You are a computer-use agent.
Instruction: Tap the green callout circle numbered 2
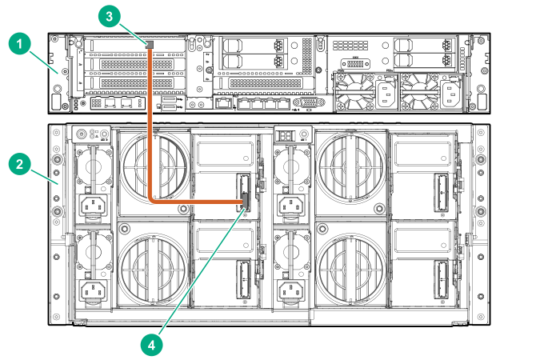19,165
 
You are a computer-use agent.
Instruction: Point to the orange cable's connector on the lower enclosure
243,206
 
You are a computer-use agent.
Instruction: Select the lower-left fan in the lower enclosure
152,267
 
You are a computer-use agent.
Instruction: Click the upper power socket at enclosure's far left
93,206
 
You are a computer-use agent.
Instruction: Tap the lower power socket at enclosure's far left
93,290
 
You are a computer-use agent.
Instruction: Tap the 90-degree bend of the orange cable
152,201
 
